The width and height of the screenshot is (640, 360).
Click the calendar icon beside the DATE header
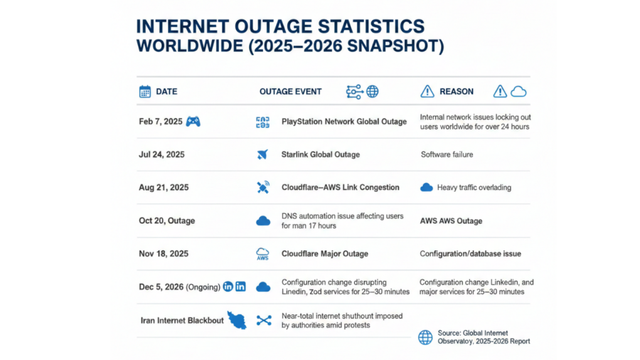pos(145,91)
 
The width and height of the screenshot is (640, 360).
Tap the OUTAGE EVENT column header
pos(290,91)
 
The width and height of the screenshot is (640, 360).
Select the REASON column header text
pos(457,91)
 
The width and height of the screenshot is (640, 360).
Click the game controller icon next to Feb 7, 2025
pos(193,122)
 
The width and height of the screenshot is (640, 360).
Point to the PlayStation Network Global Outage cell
pos(344,122)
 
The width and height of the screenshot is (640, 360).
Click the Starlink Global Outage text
pos(321,154)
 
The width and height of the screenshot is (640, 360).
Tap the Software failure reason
pos(447,154)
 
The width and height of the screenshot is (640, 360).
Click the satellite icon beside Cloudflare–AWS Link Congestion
pos(263,188)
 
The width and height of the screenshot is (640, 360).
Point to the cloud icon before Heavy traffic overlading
pos(427,188)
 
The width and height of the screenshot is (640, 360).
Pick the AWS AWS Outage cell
pos(451,221)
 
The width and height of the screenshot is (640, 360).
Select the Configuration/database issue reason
pos(471,253)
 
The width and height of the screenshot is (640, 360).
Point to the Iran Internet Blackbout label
pos(182,320)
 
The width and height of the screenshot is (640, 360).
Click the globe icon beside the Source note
pos(425,337)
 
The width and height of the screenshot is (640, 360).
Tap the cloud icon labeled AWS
pos(262,253)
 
